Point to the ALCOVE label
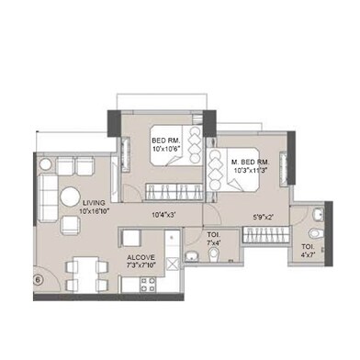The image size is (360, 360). coord(141,257)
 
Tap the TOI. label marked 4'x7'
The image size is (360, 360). coord(308,247)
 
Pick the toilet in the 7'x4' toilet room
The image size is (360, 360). coord(192,255)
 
